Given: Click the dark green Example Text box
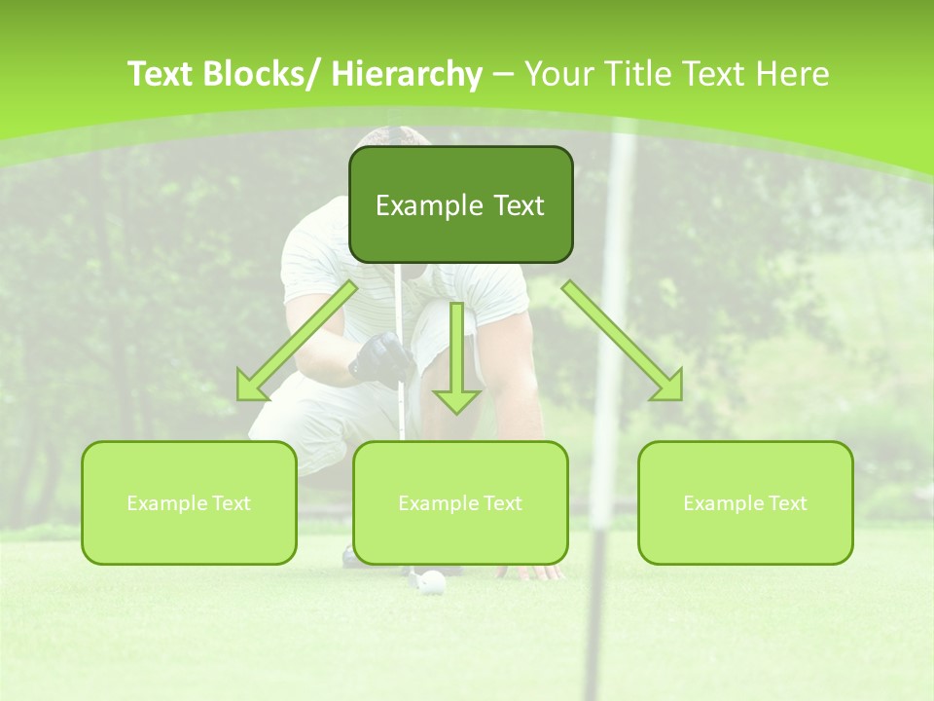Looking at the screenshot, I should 460,204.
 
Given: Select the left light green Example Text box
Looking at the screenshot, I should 189,502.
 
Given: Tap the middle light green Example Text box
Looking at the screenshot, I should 460,502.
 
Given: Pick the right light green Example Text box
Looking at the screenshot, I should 745,502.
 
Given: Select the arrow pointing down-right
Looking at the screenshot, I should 623,341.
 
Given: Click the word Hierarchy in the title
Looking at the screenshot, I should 407,74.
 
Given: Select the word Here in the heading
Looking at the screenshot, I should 792,74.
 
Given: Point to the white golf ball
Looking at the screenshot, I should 433,582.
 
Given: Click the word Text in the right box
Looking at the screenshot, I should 788,503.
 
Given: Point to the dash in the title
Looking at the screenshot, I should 503,74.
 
